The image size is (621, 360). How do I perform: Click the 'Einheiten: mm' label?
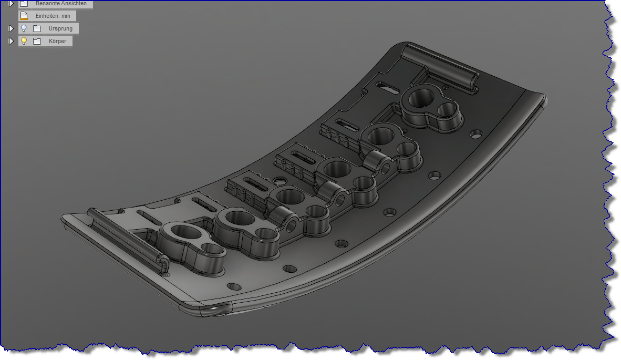click(52, 16)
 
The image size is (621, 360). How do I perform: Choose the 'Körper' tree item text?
click(57, 41)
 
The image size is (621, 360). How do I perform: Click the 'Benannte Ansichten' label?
click(61, 3)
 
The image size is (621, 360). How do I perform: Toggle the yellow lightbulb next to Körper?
click(24, 41)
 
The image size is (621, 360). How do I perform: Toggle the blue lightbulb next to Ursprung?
click(24, 28)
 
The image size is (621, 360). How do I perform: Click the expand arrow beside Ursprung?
click(11, 28)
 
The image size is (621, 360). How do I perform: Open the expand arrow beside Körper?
click(11, 41)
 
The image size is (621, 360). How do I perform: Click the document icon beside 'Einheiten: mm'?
click(24, 16)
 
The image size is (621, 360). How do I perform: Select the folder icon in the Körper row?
click(37, 41)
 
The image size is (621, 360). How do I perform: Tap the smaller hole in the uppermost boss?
click(447, 109)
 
